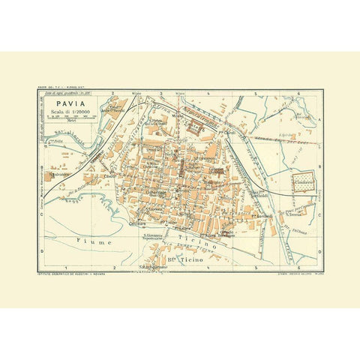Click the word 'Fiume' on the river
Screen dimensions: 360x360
92,241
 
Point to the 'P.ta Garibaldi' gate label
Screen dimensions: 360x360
259,217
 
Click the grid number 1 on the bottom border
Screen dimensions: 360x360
67,268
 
